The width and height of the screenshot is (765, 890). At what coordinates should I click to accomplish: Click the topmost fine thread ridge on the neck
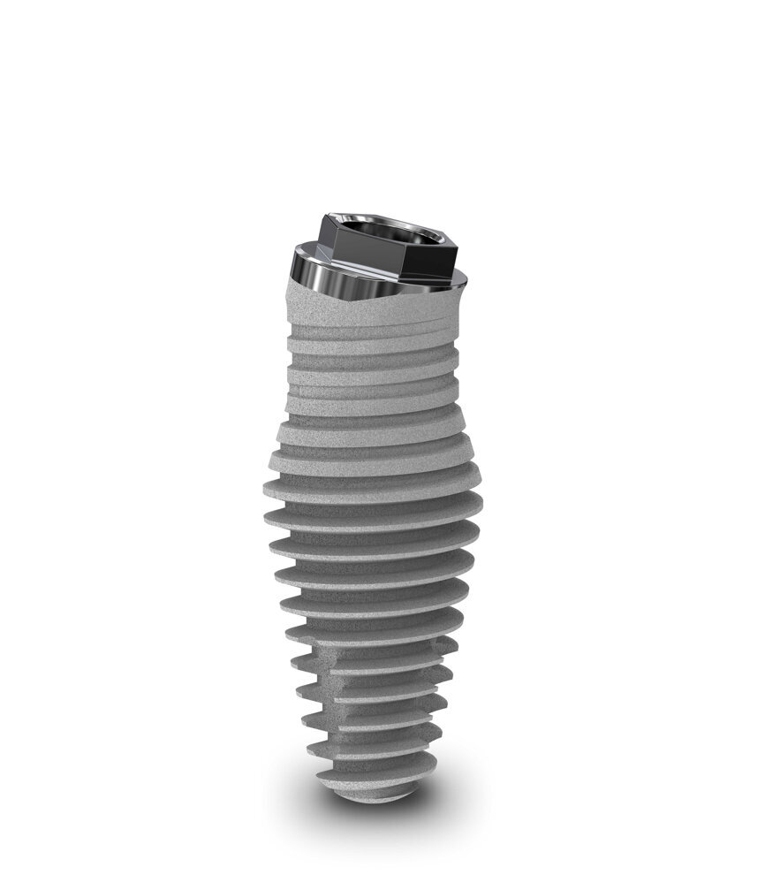(375, 333)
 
